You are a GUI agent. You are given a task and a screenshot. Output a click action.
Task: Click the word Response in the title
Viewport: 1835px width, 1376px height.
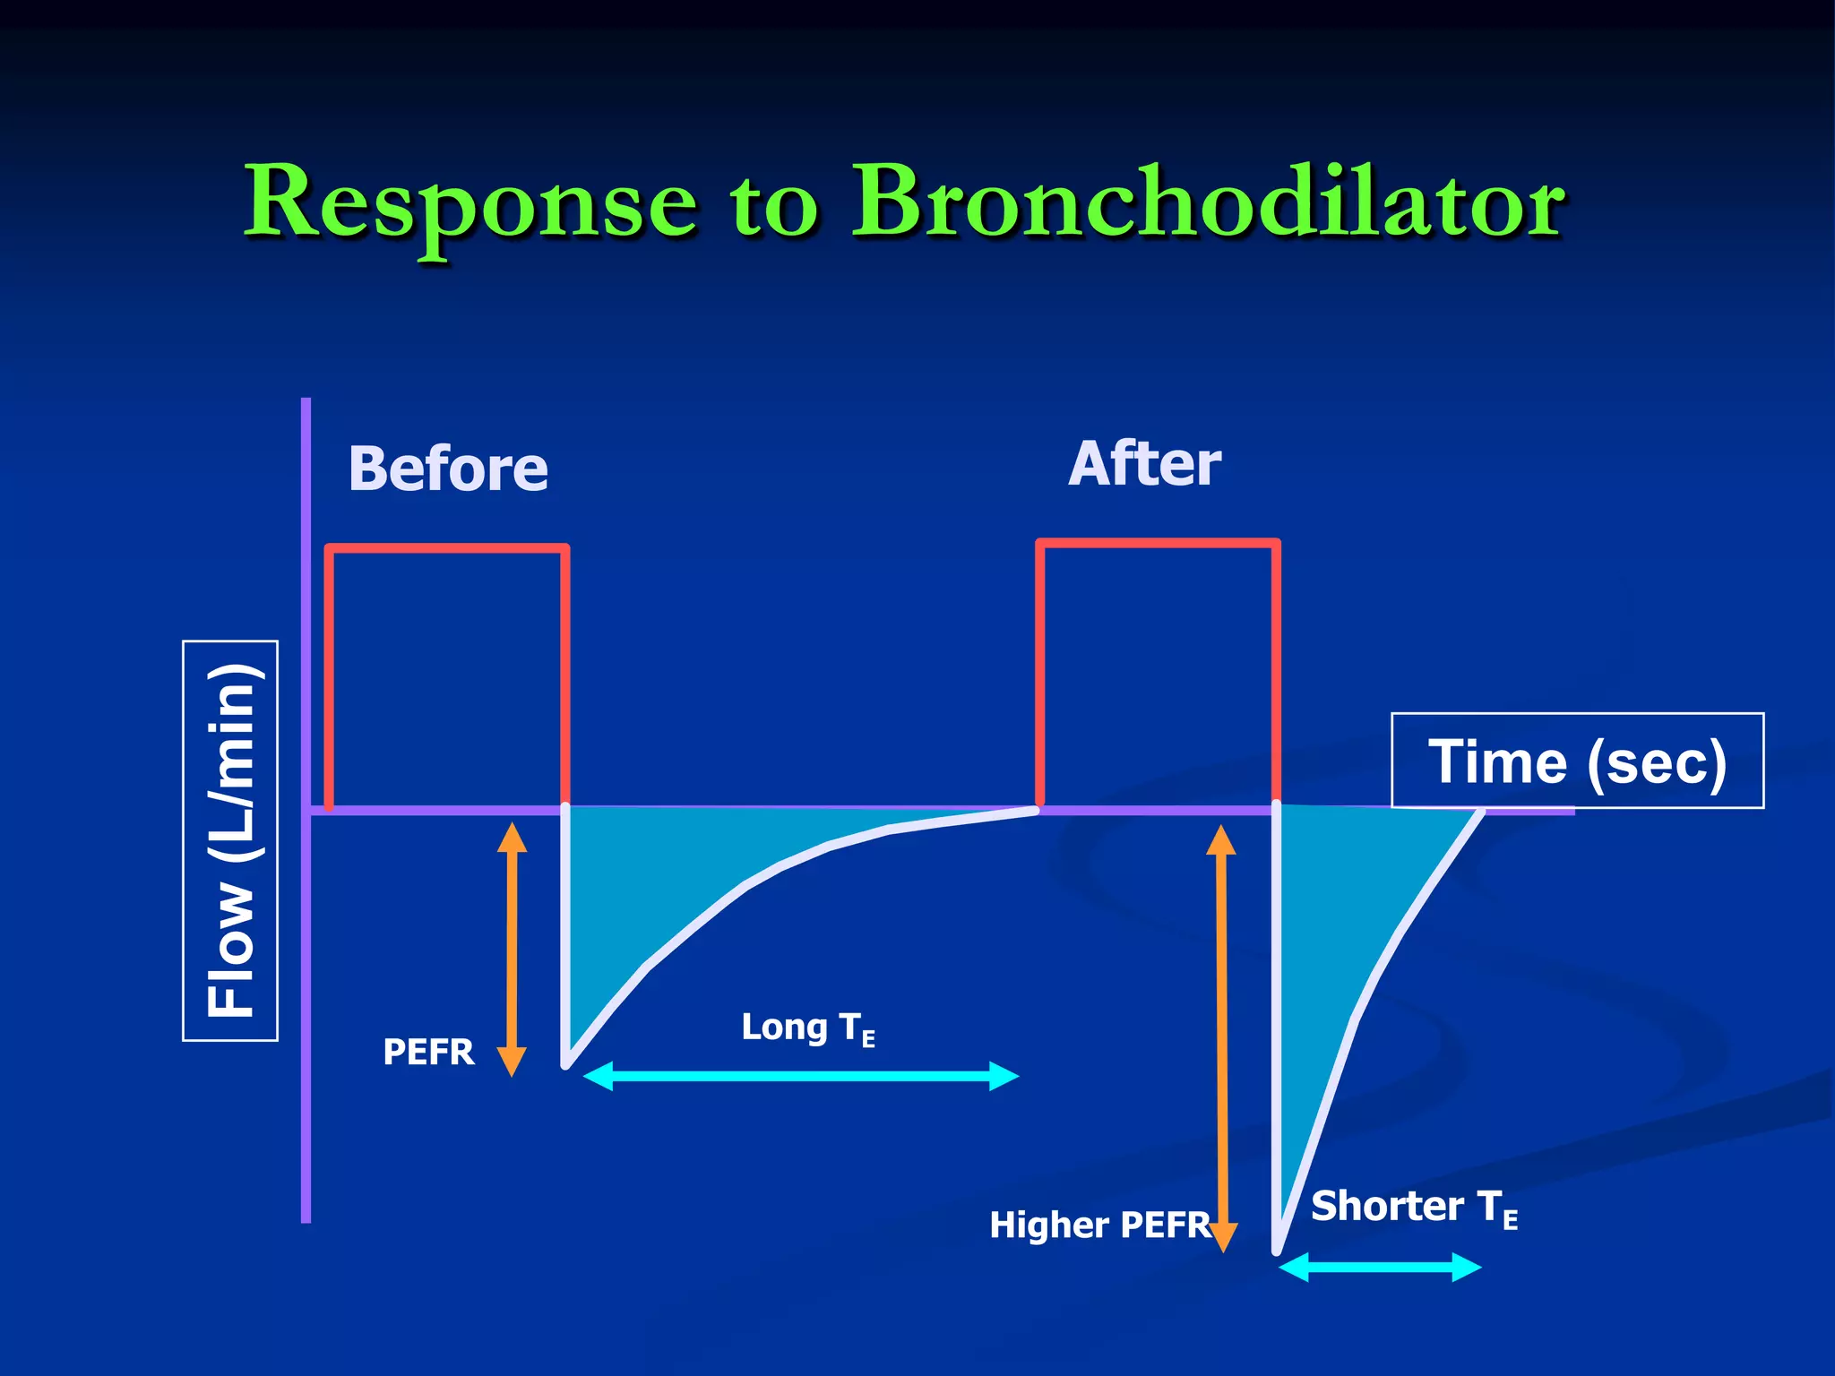pos(470,204)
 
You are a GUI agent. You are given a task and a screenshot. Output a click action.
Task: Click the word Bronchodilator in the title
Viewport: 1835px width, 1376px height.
pos(1208,204)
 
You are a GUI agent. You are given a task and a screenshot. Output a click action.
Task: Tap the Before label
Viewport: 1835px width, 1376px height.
pos(448,469)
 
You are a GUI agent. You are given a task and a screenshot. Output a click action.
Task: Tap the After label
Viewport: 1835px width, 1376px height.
pos(1144,464)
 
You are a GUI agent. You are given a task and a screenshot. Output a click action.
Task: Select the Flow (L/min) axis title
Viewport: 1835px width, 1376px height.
pos(230,840)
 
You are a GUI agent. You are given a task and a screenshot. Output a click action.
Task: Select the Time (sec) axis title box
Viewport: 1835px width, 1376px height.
pos(1577,761)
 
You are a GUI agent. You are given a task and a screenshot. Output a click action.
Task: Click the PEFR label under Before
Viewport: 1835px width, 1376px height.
pos(428,1052)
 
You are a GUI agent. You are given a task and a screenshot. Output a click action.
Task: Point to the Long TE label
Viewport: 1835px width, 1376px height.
pos(806,1028)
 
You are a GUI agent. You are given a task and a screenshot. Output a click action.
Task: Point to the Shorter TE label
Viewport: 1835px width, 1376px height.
pos(1413,1208)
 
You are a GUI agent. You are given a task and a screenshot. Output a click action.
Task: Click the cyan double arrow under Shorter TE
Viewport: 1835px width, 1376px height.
pos(1380,1268)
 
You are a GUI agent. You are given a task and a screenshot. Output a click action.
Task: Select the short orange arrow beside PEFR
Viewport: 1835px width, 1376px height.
pos(512,950)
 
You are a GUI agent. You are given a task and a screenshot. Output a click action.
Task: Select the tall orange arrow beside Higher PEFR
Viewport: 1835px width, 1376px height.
pos(1222,1039)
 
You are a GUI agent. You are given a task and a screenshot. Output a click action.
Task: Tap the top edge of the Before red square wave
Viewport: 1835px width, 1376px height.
pos(447,548)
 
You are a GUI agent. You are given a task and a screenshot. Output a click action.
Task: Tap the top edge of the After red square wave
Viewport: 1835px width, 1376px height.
pos(1158,543)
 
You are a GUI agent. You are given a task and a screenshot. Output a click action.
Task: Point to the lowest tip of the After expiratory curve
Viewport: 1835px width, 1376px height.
pos(1278,1251)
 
